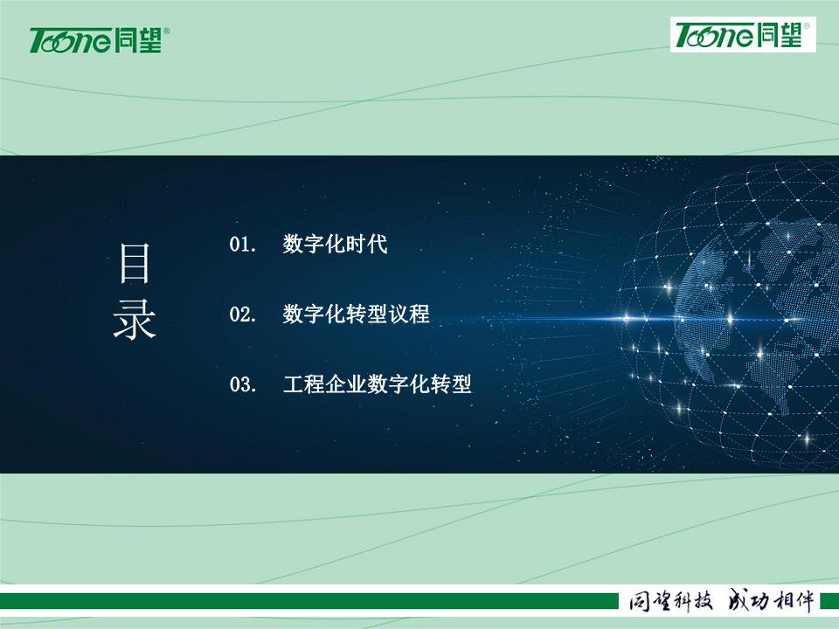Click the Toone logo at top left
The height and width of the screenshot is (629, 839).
point(100,40)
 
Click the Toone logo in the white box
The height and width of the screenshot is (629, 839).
point(743,35)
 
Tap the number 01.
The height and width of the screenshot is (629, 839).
point(242,245)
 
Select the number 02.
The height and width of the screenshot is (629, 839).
point(242,314)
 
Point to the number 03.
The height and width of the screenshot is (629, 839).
point(242,384)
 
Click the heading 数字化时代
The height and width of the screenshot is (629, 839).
point(335,245)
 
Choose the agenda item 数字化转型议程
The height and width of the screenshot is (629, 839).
point(356,314)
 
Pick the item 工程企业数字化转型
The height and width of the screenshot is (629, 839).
point(378,384)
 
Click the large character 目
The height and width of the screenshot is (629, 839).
point(134,263)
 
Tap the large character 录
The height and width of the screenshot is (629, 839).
point(135,320)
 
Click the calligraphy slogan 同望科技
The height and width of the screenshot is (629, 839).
point(671,601)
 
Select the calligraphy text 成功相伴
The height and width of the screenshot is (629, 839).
point(772,601)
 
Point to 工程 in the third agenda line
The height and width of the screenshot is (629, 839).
point(304,384)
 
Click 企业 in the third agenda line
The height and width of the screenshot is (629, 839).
point(346,384)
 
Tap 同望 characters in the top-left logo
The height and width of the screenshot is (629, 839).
point(138,40)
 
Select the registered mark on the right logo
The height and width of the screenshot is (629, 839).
point(807,25)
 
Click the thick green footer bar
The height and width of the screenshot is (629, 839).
point(309,601)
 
